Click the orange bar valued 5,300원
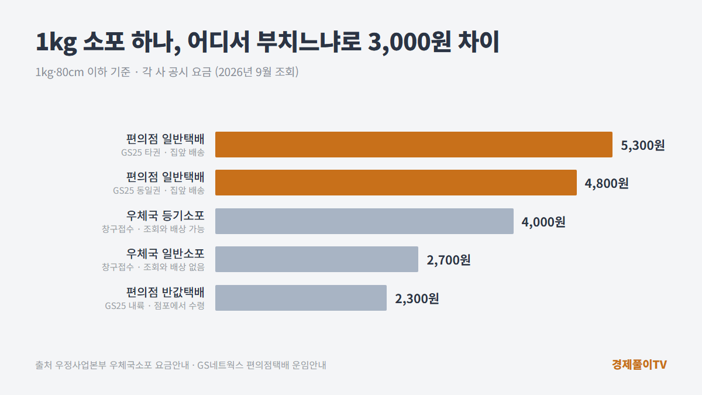pyautogui.click(x=414, y=145)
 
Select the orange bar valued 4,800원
pyautogui.click(x=396, y=183)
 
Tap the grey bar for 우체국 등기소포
pyautogui.click(x=364, y=221)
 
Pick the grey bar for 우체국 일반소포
pyautogui.click(x=316, y=259)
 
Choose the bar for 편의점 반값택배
pyautogui.click(x=301, y=298)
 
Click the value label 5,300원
pyautogui.click(x=643, y=146)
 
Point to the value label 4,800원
pyautogui.click(x=607, y=184)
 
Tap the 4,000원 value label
pyautogui.click(x=543, y=222)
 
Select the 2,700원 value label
pyautogui.click(x=449, y=260)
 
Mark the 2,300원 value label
pyautogui.click(x=417, y=299)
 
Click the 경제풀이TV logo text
pyautogui.click(x=639, y=365)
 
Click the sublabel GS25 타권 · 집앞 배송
pyautogui.click(x=163, y=153)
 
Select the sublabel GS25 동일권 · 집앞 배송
pyautogui.click(x=159, y=191)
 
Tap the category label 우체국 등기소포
pyautogui.click(x=165, y=215)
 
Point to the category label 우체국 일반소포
pyautogui.click(x=165, y=253)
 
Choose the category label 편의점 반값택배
pyautogui.click(x=165, y=292)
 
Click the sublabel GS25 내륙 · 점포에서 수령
pyautogui.click(x=154, y=305)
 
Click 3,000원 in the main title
pyautogui.click(x=409, y=42)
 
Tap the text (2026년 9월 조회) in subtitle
pyautogui.click(x=257, y=72)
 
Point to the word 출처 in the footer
pyautogui.click(x=43, y=365)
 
